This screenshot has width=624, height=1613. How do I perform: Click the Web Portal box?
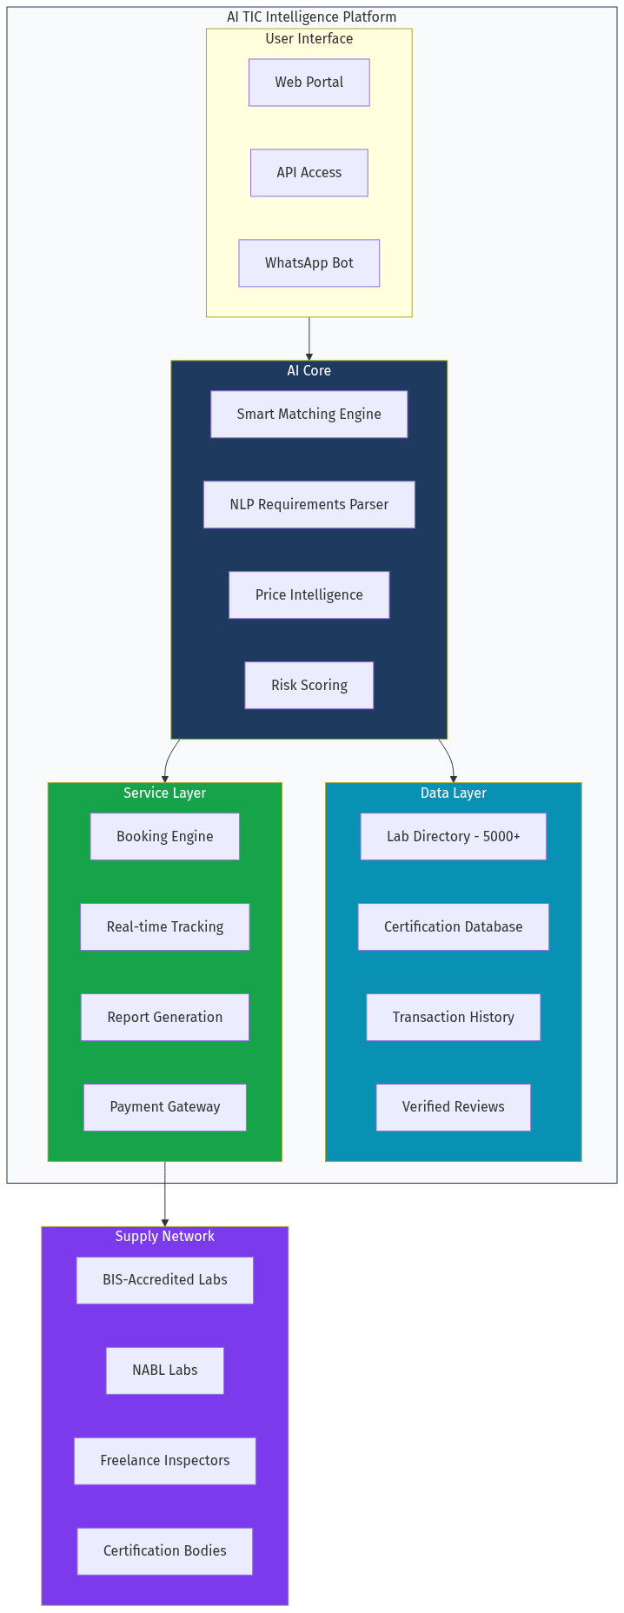click(x=309, y=83)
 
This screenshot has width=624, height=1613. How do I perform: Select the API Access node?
click(x=309, y=173)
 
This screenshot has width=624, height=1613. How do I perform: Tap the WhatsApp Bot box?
click(x=309, y=263)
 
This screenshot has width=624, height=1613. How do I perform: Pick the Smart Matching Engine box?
click(x=309, y=415)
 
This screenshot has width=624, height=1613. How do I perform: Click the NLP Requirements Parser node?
click(x=309, y=505)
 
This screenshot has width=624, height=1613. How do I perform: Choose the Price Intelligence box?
click(x=309, y=595)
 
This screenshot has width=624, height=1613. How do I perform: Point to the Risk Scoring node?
click(x=309, y=686)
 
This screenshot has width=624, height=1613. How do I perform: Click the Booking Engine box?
click(x=164, y=837)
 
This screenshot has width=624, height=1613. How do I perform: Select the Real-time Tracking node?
click(x=164, y=927)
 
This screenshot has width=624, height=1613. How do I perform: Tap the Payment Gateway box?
click(x=164, y=1107)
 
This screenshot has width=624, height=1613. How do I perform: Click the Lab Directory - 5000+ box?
click(x=453, y=837)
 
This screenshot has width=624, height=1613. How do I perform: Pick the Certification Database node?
click(x=453, y=927)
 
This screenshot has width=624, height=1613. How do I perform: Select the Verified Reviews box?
click(x=453, y=1107)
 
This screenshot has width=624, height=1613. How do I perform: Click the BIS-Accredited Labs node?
click(x=164, y=1280)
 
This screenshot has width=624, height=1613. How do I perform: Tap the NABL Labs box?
click(x=164, y=1371)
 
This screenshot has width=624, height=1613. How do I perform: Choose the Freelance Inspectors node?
click(x=164, y=1461)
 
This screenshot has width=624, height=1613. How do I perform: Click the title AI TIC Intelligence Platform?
click(x=311, y=17)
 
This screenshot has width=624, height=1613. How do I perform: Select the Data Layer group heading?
click(x=453, y=793)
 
